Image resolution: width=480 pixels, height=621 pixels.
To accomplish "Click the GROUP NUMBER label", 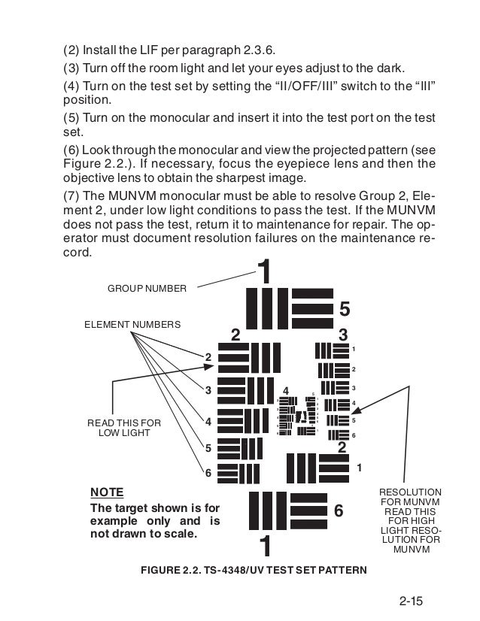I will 147,287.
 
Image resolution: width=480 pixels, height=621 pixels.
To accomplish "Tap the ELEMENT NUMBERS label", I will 132,324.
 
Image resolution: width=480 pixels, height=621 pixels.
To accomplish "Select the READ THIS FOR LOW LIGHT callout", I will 125,428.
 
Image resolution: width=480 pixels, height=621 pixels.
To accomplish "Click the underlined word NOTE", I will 107,492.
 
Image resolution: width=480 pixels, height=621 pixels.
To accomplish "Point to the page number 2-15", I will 413,601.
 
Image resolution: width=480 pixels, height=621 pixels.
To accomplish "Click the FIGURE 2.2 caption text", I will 254,570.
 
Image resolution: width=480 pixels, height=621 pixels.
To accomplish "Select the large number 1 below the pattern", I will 264,544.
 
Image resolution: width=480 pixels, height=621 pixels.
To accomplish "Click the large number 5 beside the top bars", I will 345,309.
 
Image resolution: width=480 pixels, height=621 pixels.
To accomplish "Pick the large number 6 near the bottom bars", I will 339,510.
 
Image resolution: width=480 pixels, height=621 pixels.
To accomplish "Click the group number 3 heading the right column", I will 343,334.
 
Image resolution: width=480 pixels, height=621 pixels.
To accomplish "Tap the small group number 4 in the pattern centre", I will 286,391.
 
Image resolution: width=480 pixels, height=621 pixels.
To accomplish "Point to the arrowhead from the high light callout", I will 354,412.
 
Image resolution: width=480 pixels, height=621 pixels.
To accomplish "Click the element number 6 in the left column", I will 208,473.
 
